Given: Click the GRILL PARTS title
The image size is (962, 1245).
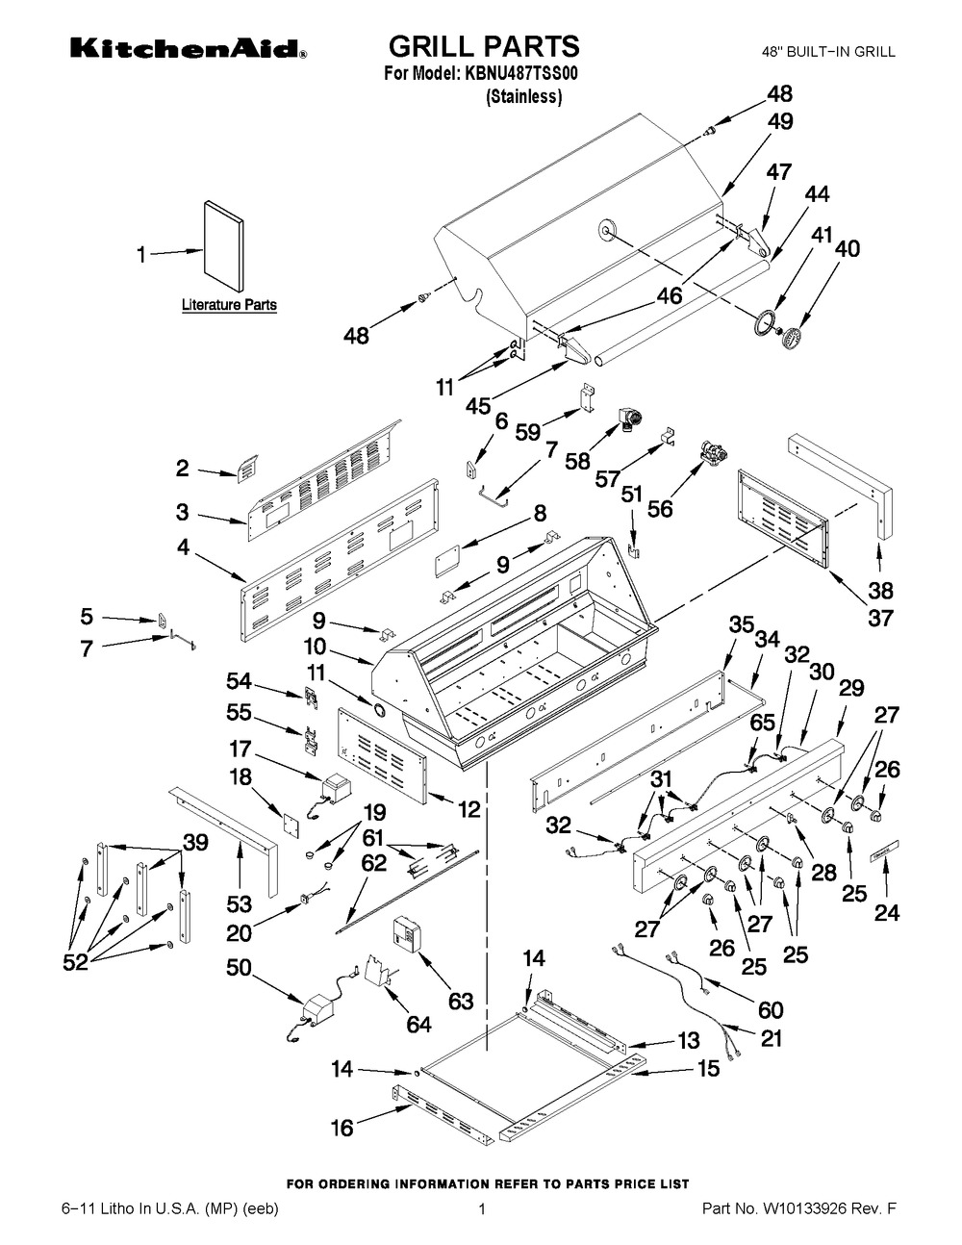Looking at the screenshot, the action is (x=485, y=46).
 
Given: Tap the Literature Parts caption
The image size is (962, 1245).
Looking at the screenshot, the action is (x=229, y=305).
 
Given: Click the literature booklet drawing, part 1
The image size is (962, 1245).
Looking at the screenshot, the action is (x=224, y=245).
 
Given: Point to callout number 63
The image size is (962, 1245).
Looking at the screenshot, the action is (x=461, y=1001).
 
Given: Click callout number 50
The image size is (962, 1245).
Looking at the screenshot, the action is (x=239, y=968).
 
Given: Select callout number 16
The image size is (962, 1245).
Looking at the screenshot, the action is (x=342, y=1129).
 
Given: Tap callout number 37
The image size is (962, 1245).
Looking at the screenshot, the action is (x=880, y=619).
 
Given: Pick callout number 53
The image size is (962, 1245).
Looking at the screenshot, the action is (x=239, y=904).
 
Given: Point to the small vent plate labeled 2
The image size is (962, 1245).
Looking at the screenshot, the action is (x=247, y=469).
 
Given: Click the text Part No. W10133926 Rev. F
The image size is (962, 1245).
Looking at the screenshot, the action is (x=798, y=1226).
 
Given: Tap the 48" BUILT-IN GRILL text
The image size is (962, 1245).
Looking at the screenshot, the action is (x=828, y=52).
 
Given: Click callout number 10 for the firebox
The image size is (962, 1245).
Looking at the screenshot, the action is (x=315, y=647).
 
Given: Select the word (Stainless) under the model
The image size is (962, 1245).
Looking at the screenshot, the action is (x=523, y=97).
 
